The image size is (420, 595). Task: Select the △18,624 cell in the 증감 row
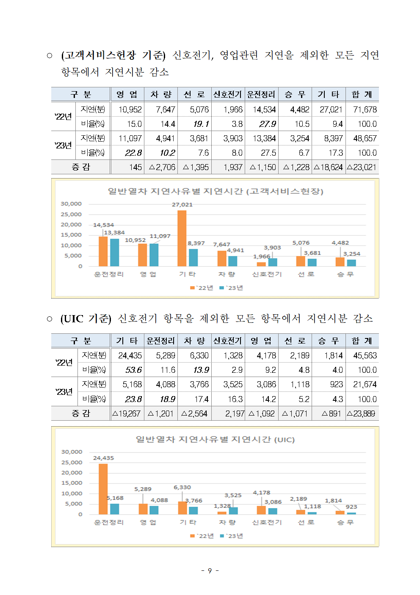click(x=329, y=167)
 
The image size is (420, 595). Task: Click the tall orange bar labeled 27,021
click(x=182, y=238)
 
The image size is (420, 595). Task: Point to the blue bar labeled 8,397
click(x=193, y=257)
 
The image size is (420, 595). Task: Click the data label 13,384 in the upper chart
click(x=114, y=232)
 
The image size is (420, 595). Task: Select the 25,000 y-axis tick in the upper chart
click(x=71, y=214)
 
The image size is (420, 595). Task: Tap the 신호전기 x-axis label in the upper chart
click(x=267, y=274)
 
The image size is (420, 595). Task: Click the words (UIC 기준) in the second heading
click(x=86, y=318)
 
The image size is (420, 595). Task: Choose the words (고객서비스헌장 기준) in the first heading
click(x=113, y=55)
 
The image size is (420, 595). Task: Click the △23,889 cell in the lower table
click(x=361, y=413)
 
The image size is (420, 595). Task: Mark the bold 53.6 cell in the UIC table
click(x=133, y=370)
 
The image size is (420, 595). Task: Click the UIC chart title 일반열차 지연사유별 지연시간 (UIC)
click(x=215, y=439)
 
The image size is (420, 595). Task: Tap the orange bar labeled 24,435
click(x=103, y=489)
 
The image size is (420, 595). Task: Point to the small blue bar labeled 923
click(x=351, y=513)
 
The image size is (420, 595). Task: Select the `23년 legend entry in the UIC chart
click(x=232, y=536)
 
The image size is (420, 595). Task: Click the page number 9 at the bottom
click(x=210, y=571)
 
